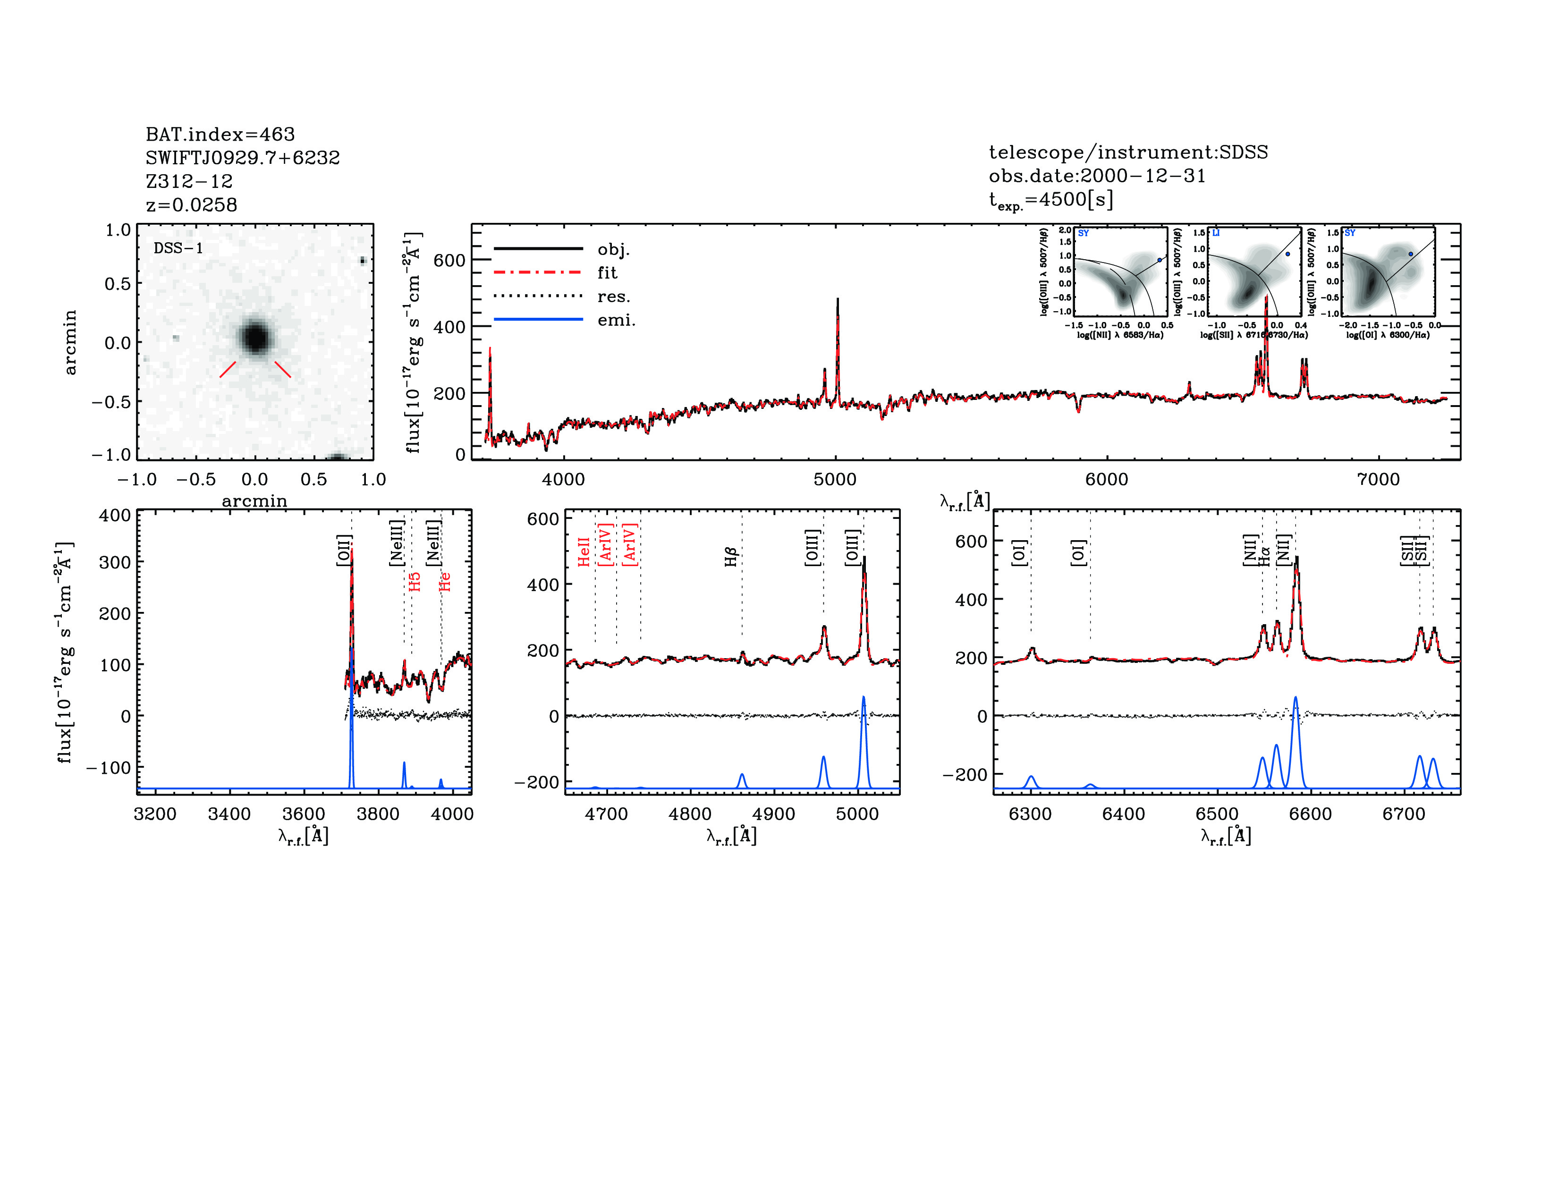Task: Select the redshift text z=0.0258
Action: tap(191, 205)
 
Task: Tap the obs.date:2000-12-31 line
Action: tap(1096, 176)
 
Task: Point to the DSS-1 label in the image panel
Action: tap(178, 248)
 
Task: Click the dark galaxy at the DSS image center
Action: tap(254, 337)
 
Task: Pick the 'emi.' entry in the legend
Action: tap(616, 320)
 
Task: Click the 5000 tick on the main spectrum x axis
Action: tap(835, 479)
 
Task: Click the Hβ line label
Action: tap(730, 556)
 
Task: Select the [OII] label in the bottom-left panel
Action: tap(344, 550)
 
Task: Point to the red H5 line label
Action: tap(415, 581)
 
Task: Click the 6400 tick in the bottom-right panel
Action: tap(1124, 814)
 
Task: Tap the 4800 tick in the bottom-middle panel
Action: tap(690, 814)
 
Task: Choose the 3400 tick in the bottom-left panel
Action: tap(229, 814)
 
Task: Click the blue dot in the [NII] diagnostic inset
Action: tap(1159, 260)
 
